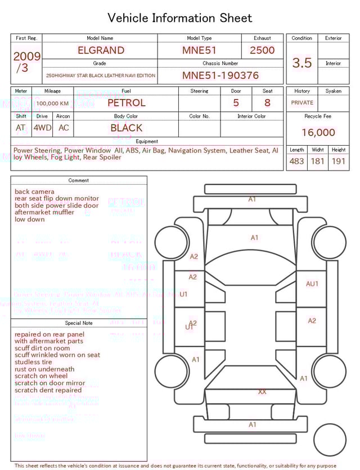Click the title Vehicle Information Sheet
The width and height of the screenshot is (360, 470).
[x=180, y=18]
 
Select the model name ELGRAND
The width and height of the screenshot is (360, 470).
[x=101, y=50]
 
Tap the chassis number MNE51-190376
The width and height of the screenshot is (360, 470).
[x=220, y=75]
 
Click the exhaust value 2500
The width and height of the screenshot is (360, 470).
[x=262, y=50]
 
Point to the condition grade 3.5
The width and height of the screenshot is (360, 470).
[x=302, y=62]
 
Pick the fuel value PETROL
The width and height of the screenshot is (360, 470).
[x=127, y=103]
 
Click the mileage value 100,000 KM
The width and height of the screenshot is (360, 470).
[x=52, y=104]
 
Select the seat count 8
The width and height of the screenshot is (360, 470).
[x=267, y=103]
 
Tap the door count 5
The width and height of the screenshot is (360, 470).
[x=236, y=103]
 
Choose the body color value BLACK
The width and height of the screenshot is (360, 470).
[x=127, y=128]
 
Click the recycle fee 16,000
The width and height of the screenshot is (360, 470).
[x=318, y=133]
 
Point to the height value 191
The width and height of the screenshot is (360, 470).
[x=339, y=161]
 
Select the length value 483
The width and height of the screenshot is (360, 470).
[x=296, y=161]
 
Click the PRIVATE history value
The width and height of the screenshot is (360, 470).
[x=302, y=103]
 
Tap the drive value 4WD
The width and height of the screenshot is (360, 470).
[x=42, y=128]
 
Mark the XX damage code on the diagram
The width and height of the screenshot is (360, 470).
[x=262, y=392]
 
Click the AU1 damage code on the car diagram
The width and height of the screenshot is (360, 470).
[x=312, y=284]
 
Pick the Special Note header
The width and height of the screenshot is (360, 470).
[x=79, y=323]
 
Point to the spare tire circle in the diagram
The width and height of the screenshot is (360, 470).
[x=330, y=441]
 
